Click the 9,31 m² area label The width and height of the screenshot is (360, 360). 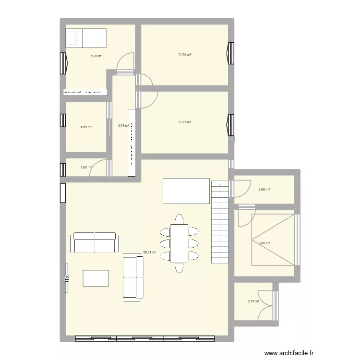click(x=97, y=56)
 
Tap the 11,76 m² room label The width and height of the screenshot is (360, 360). click(x=184, y=54)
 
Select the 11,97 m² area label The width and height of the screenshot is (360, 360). click(x=184, y=122)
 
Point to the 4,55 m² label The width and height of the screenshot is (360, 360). click(x=86, y=127)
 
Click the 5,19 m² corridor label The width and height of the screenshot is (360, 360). click(x=124, y=126)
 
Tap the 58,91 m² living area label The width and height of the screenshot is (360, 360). click(x=150, y=251)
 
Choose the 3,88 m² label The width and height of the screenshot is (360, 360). click(x=264, y=190)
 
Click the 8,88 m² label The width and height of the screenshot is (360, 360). click(x=264, y=243)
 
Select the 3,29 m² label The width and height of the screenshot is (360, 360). click(x=253, y=301)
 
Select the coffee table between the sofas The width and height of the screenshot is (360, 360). click(x=96, y=279)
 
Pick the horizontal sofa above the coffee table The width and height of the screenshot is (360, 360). click(x=94, y=242)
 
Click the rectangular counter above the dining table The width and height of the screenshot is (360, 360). click(x=186, y=191)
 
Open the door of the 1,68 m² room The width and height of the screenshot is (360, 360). click(x=99, y=167)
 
